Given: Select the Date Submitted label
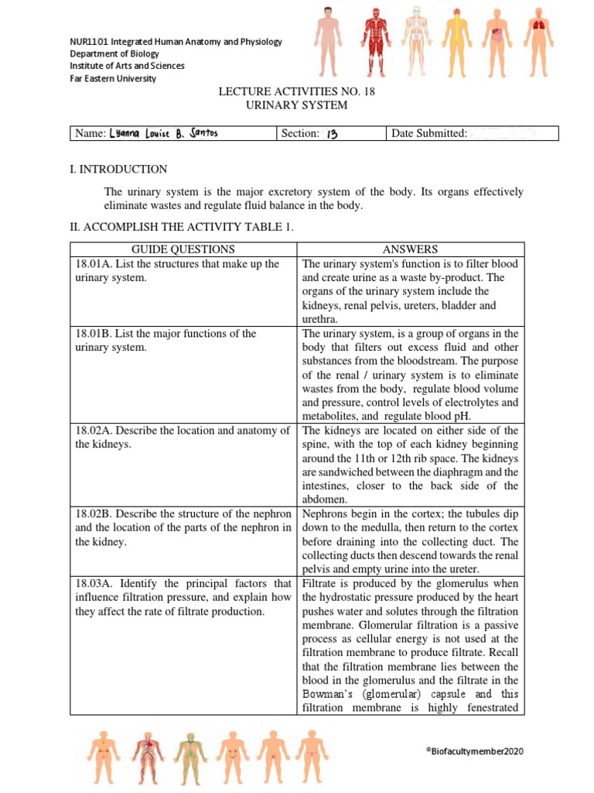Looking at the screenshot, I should [429, 133].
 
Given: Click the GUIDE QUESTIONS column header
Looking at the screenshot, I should [183, 249].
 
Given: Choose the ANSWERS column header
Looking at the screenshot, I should [410, 249].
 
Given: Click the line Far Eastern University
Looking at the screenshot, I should [113, 78].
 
